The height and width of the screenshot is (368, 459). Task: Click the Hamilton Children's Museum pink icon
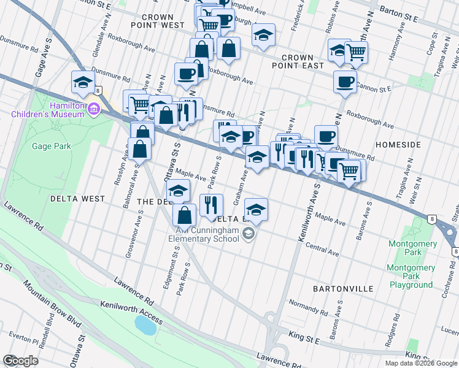point(93,110)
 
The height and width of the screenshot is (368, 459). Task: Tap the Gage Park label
point(54,146)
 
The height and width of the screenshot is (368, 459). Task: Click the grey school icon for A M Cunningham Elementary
point(248,233)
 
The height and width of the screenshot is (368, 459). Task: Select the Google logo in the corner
point(21,360)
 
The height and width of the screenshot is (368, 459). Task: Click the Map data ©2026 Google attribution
point(421,362)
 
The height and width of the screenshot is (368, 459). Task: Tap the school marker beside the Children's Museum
point(83,83)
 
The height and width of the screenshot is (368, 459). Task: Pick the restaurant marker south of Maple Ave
point(211,205)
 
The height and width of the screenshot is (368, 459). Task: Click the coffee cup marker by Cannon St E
point(345,82)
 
